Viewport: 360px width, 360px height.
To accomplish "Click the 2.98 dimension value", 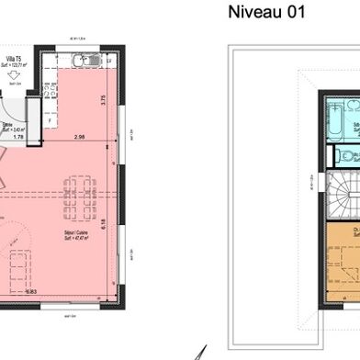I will click(x=80, y=137).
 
